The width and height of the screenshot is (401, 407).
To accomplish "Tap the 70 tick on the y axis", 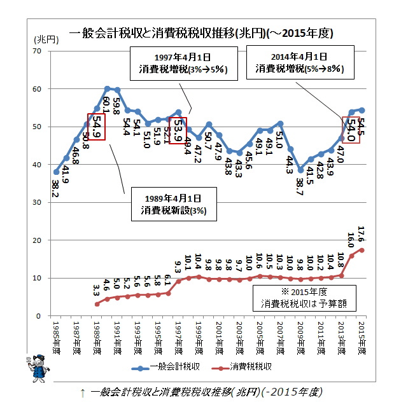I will point(38,51).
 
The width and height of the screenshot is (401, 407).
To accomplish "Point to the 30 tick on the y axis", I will point(38,202).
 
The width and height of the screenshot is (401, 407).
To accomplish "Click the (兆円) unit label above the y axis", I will point(45,39).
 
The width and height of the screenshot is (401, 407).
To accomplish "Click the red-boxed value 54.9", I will point(96,127).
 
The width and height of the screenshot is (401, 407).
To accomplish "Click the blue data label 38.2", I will point(57,188).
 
